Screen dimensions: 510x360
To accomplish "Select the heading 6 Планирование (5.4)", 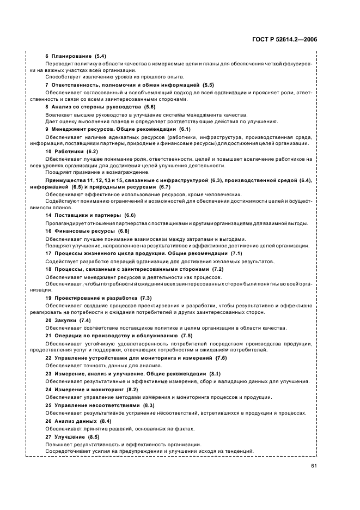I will [x=76, y=57].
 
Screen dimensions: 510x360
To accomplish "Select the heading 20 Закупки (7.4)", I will [x=68, y=320].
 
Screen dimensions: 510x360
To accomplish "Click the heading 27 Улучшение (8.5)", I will [x=72, y=437].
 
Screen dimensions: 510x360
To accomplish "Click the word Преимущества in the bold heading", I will [x=64, y=179].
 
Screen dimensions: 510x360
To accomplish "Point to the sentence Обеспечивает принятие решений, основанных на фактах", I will [x=112, y=429].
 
